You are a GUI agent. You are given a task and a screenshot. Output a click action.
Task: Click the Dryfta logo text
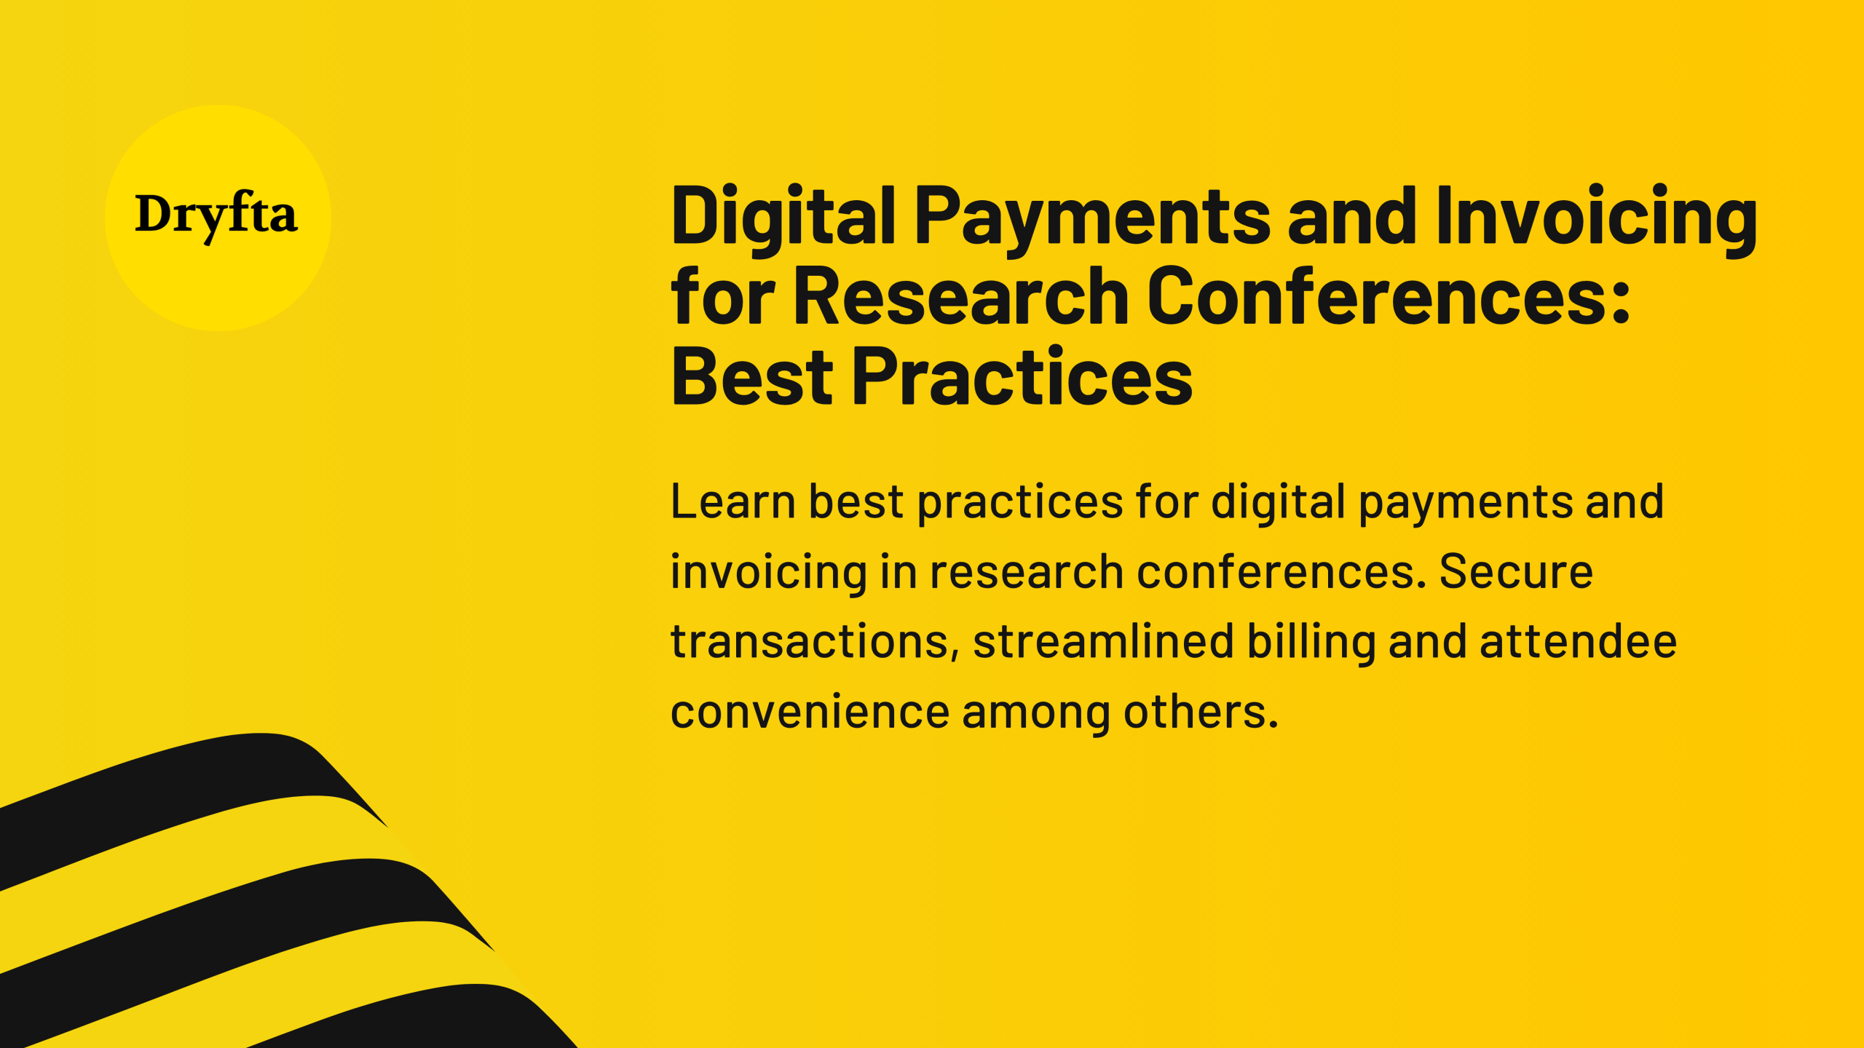216,216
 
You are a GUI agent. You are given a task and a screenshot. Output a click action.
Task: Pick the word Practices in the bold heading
1023,377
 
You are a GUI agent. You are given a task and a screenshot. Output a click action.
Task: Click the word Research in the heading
961,296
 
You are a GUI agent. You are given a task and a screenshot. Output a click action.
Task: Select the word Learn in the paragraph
733,502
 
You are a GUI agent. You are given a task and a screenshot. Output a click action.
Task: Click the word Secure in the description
1516,572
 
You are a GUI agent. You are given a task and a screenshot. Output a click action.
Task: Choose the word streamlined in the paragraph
1104,642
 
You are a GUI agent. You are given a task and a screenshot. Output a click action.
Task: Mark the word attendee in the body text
1579,642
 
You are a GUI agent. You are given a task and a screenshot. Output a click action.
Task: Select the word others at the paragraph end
1201,712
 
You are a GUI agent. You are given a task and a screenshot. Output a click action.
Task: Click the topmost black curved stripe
182,793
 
